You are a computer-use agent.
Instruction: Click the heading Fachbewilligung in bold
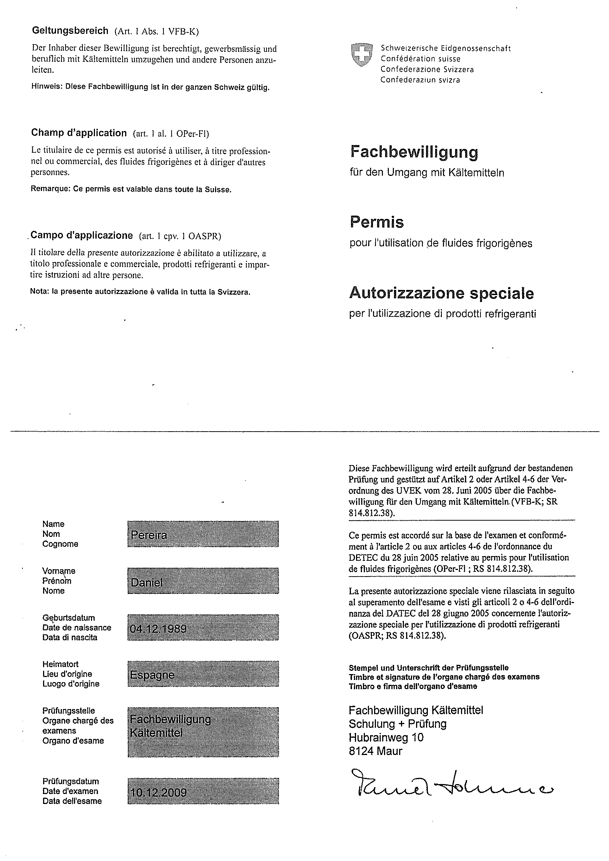click(414, 152)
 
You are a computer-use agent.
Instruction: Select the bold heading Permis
click(377, 222)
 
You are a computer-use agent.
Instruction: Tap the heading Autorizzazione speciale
click(441, 293)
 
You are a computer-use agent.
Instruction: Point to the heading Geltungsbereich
click(70, 31)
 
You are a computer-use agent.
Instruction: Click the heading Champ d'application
click(79, 133)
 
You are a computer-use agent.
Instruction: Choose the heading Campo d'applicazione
click(81, 235)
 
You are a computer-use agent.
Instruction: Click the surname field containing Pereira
click(203, 534)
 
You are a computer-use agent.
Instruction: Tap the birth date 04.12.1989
click(203, 628)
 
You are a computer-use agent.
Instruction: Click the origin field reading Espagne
click(203, 675)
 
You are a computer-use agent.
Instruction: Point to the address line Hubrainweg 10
click(386, 738)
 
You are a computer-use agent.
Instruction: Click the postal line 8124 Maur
click(375, 751)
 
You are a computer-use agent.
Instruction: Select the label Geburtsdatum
click(68, 618)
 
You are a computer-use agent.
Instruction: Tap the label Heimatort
click(60, 664)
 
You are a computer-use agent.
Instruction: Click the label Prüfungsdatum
click(71, 781)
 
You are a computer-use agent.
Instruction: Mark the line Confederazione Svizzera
click(427, 70)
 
